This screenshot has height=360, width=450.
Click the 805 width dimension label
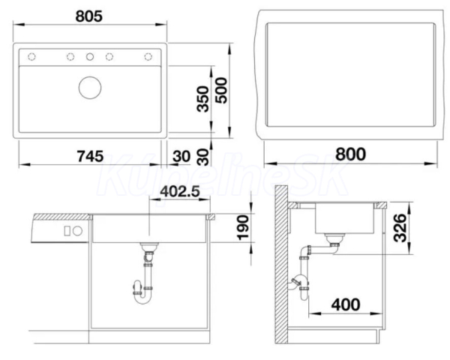tap(89, 16)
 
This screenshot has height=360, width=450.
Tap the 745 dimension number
tap(91, 156)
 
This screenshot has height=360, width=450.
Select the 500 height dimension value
tap(221, 91)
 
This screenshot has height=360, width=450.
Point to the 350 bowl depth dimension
tap(203, 99)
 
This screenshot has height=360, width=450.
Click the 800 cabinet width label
tap(351, 154)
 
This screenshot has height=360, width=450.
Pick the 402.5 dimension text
tap(180, 191)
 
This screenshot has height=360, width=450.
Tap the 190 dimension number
tap(243, 228)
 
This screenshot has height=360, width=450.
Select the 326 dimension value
tap(400, 228)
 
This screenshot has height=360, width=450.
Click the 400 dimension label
tap(346, 304)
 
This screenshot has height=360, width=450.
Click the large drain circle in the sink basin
tap(90, 88)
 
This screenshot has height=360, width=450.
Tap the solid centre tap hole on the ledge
tap(90, 57)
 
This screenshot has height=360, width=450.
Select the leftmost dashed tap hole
tap(31, 57)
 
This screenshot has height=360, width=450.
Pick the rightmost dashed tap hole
tap(148, 57)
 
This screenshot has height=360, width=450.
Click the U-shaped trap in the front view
tap(142, 299)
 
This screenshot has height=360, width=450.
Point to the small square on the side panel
tap(67, 231)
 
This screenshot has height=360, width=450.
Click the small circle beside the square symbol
tap(77, 231)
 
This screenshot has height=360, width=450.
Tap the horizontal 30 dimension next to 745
tap(181, 157)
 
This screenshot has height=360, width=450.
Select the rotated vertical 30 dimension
tap(203, 157)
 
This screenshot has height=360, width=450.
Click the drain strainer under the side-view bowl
tap(334, 238)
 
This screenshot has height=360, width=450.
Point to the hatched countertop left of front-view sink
tap(62, 217)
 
